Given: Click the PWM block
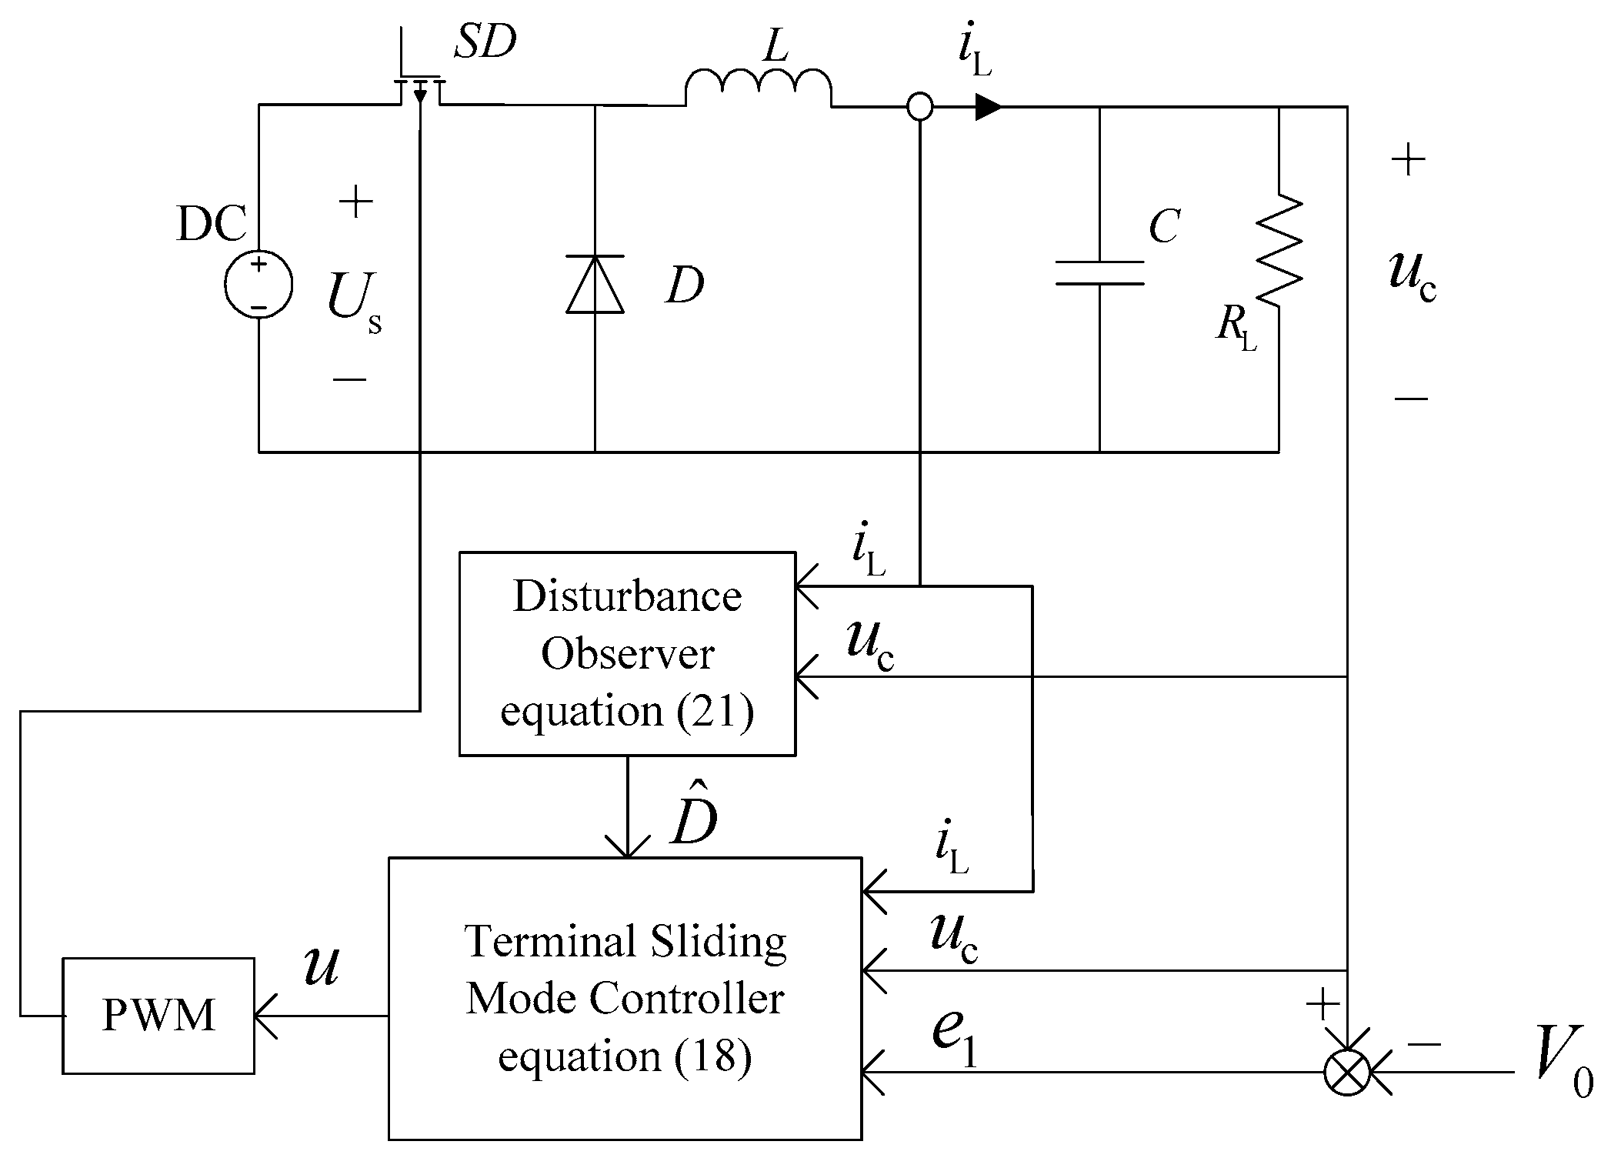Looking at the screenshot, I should pos(158,1015).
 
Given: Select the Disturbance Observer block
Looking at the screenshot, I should pos(626,653).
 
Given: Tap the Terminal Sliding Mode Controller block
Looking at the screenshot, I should pos(625,998).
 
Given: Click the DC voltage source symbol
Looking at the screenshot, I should pos(258,285).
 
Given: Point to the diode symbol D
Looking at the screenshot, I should pos(595,285).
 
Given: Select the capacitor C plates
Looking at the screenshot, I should pos(1099,273).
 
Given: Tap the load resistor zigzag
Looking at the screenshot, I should pos(1279,250).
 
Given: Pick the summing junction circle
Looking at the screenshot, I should pos(1347,1071).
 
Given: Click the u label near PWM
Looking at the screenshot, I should pos(321,966).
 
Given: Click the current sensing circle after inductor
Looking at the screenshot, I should pos(919,106).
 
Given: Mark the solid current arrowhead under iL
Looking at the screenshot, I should pos(989,107).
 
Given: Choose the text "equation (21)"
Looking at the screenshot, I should pos(627,711).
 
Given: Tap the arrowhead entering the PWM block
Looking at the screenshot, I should pos(265,1016).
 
